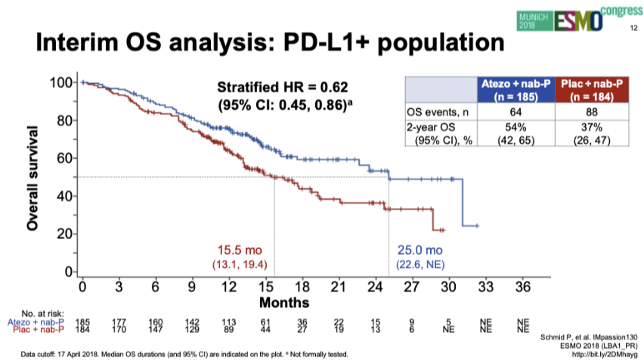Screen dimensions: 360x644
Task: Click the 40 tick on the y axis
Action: (x=65, y=196)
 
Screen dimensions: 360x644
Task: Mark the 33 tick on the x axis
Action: (x=485, y=287)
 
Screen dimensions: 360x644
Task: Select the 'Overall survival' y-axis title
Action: (x=34, y=177)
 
